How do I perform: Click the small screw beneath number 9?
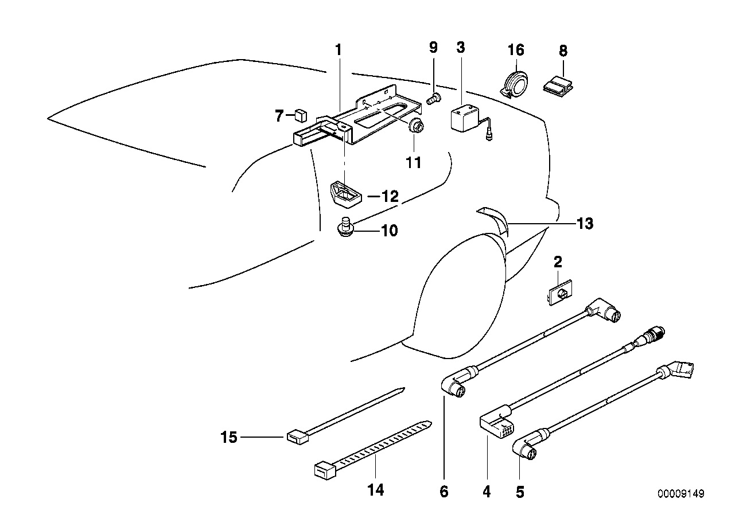click(x=434, y=99)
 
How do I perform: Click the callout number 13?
click(x=584, y=223)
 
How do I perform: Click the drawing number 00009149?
click(x=681, y=494)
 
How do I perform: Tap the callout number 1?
click(x=339, y=50)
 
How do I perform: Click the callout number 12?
click(x=389, y=196)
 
